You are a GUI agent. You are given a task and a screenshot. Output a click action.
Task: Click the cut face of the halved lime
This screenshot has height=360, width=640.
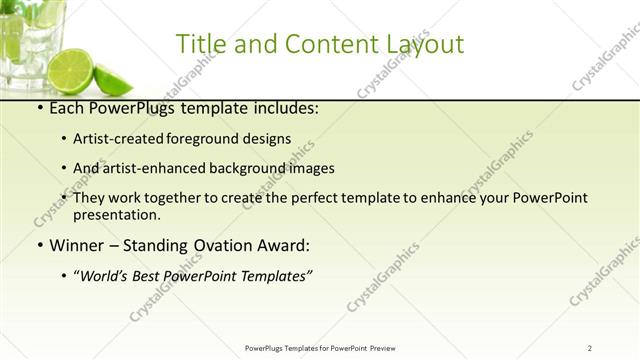pos(74,72)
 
